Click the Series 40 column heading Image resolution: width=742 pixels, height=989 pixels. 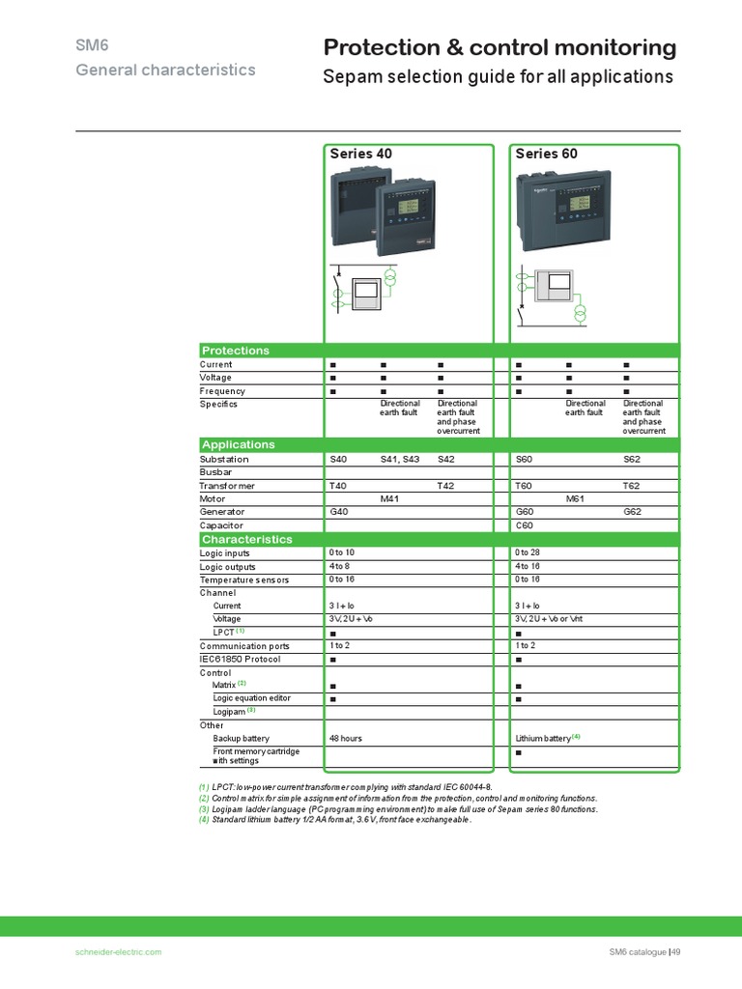pyautogui.click(x=361, y=154)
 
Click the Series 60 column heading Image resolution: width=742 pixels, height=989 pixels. pyautogui.click(x=547, y=154)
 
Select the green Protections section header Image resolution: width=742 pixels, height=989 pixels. pyautogui.click(x=235, y=351)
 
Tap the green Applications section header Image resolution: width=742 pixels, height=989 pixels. pyautogui.click(x=238, y=444)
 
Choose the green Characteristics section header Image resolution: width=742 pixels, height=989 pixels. pyautogui.click(x=246, y=539)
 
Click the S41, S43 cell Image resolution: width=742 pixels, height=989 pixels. pyautogui.click(x=400, y=460)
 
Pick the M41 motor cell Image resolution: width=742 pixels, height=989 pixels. pyautogui.click(x=390, y=498)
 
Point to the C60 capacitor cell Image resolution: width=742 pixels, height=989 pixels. pyautogui.click(x=525, y=524)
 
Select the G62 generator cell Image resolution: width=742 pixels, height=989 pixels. pyautogui.click(x=632, y=511)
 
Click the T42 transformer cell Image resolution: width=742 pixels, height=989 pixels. pyautogui.click(x=446, y=486)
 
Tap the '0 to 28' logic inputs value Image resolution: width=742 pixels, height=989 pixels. pyautogui.click(x=528, y=552)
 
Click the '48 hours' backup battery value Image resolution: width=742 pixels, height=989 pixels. pyautogui.click(x=346, y=738)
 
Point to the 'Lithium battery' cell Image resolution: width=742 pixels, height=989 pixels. pyautogui.click(x=544, y=738)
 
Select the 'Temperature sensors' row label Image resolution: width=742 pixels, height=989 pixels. pyautogui.click(x=244, y=579)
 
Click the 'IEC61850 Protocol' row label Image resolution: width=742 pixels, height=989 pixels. pyautogui.click(x=240, y=659)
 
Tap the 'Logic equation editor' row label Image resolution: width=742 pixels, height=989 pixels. pyautogui.click(x=252, y=697)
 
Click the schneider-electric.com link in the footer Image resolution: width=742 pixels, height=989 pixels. pyautogui.click(x=118, y=952)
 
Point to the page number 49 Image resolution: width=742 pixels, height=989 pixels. pyautogui.click(x=676, y=952)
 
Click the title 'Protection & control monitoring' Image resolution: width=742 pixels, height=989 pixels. pyautogui.click(x=499, y=48)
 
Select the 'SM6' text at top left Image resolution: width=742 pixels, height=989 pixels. pyautogui.click(x=88, y=45)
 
